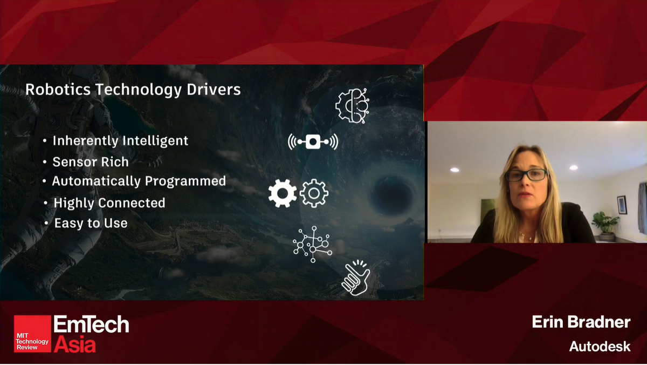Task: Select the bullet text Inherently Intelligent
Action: (120, 141)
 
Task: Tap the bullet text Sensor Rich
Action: (91, 161)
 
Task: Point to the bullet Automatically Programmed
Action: (139, 181)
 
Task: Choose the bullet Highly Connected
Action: (109, 203)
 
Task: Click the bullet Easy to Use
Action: (91, 222)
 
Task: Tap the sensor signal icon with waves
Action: (313, 142)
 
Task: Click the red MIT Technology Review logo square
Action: (32, 334)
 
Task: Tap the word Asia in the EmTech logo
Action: (74, 344)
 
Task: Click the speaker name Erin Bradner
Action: (581, 322)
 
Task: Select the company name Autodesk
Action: (600, 346)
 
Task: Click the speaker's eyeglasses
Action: (526, 174)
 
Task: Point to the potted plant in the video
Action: (605, 224)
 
